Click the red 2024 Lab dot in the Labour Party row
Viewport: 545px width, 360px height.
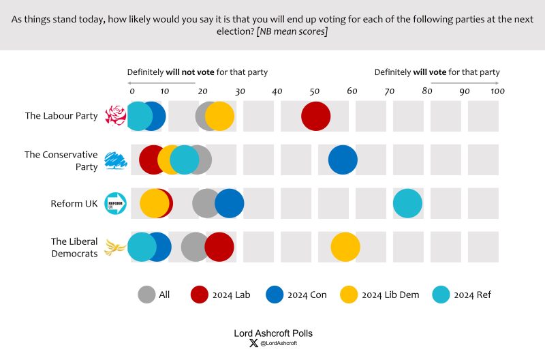click(x=315, y=116)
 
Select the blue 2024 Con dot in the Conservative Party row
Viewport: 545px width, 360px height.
click(x=343, y=160)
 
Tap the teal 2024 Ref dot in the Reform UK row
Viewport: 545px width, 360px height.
click(x=407, y=203)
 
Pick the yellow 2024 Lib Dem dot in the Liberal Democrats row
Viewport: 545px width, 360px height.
click(x=345, y=247)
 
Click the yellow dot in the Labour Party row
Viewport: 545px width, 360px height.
click(x=219, y=116)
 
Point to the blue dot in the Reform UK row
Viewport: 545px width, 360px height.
click(x=230, y=203)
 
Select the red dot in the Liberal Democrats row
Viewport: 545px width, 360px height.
click(x=219, y=247)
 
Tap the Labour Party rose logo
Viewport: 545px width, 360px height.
click(x=116, y=116)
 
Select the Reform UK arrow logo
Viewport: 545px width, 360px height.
click(x=116, y=203)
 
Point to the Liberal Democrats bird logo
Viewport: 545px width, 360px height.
click(x=116, y=247)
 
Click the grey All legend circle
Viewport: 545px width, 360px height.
click(x=146, y=295)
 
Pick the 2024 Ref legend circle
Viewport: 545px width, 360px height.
click(x=441, y=295)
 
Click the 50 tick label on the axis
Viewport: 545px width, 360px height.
click(x=315, y=91)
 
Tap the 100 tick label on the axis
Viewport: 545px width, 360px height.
click(x=498, y=91)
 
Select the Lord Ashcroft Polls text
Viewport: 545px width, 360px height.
click(x=272, y=333)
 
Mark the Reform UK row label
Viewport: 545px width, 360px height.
click(x=74, y=203)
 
